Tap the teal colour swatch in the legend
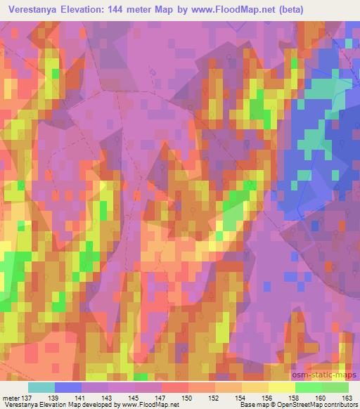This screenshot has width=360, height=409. pyautogui.click(x=41, y=387)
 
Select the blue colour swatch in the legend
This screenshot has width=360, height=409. pyautogui.click(x=68, y=387)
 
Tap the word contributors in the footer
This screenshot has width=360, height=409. pyautogui.click(x=340, y=405)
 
